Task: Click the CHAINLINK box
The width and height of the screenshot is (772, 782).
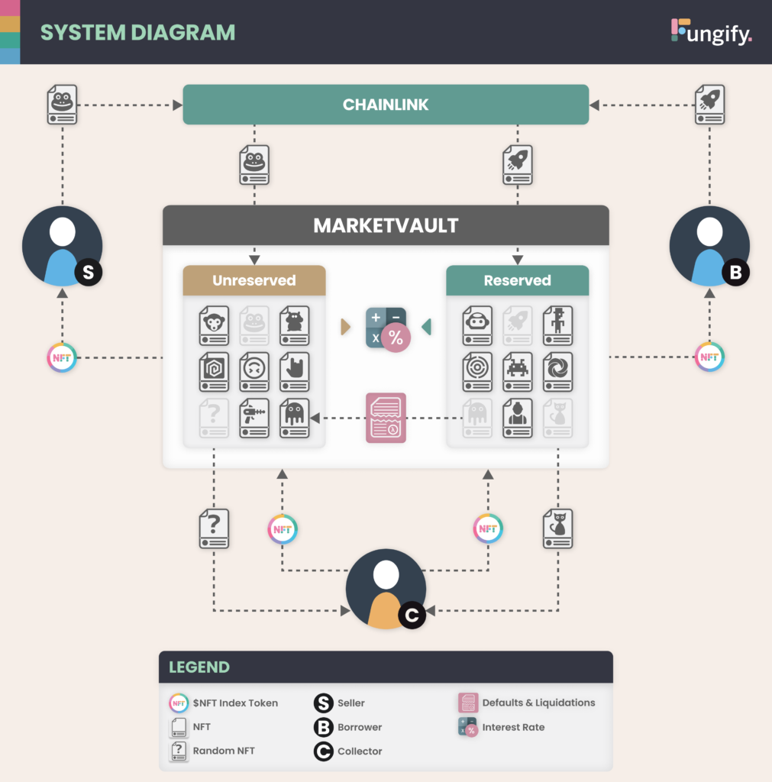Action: tap(386, 105)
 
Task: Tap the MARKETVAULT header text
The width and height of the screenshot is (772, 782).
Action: tap(386, 226)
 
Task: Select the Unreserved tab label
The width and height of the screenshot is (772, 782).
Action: tap(254, 280)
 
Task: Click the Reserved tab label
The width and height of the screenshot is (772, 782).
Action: tap(517, 280)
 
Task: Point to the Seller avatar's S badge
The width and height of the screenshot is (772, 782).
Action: tap(88, 271)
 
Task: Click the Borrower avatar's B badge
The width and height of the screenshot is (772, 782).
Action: tap(735, 271)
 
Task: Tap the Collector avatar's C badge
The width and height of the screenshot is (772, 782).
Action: tap(412, 615)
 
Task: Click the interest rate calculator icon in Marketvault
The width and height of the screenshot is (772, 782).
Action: tap(386, 328)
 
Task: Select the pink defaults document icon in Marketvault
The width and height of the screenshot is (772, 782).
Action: tap(386, 418)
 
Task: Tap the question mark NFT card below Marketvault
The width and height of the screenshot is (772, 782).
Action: tap(214, 528)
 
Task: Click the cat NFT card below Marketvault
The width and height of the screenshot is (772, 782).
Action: tap(557, 528)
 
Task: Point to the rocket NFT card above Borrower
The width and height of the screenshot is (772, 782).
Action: tap(709, 104)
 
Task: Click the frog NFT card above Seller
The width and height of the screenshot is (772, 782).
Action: tap(62, 104)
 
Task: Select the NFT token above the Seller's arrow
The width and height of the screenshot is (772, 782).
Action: tap(62, 357)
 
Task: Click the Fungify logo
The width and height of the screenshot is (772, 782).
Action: tap(711, 32)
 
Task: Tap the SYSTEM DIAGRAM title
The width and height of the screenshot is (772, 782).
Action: tap(137, 33)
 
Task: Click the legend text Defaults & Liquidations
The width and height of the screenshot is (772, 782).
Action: tap(538, 703)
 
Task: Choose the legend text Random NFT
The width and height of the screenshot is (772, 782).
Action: tap(224, 751)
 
